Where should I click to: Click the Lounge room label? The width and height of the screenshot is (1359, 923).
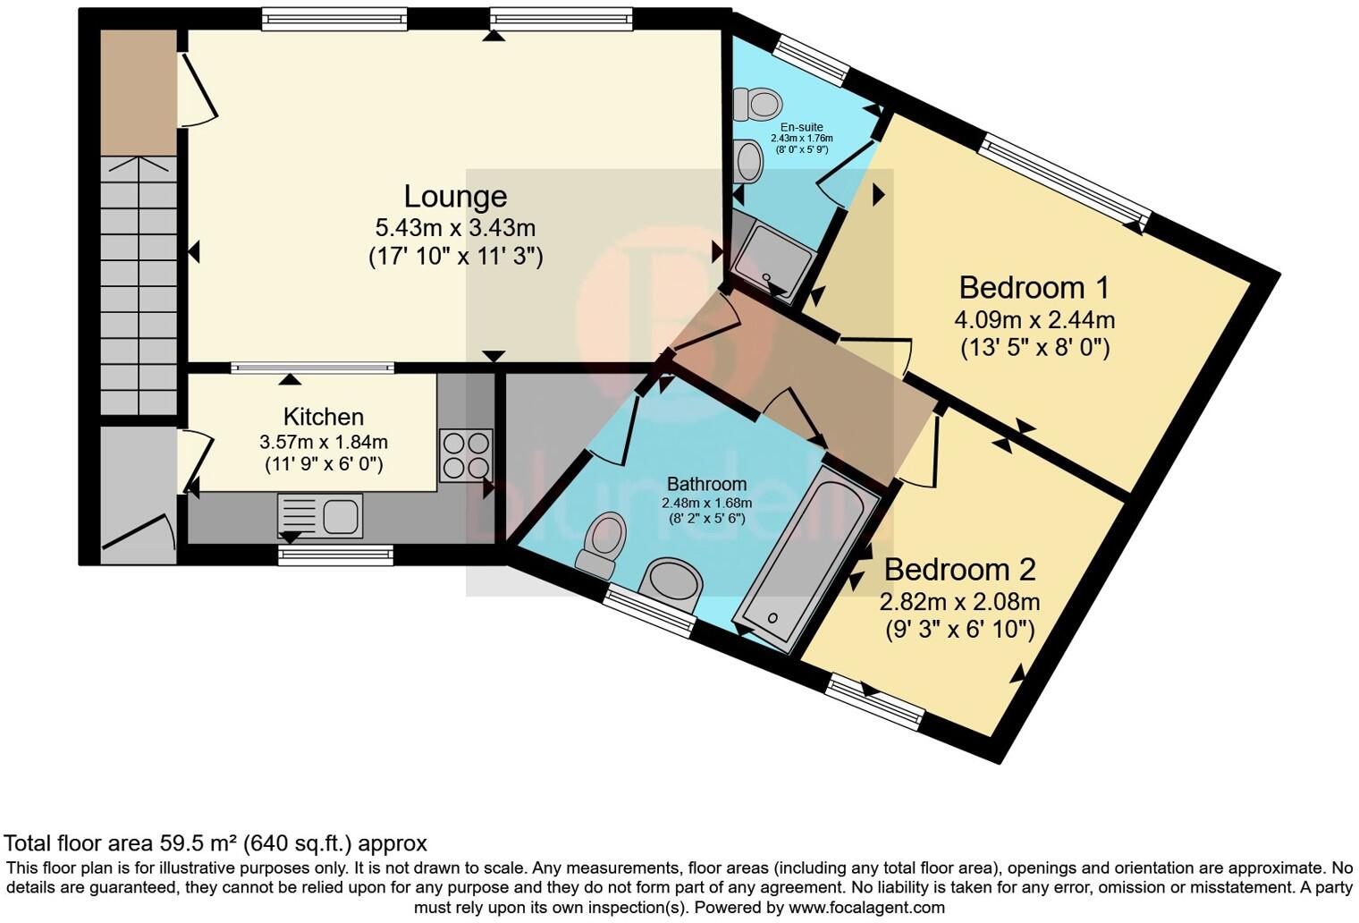[x=456, y=197]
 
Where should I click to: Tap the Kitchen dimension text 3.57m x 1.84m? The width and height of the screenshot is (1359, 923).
[x=324, y=443]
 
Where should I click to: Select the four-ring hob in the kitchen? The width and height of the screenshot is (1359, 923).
[x=466, y=455]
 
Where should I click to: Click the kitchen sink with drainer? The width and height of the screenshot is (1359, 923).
[x=320, y=516]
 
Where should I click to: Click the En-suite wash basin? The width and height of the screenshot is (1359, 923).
[x=747, y=161]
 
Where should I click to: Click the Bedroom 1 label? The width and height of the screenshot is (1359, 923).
[x=1034, y=288]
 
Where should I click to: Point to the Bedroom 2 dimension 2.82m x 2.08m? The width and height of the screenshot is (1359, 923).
[x=960, y=601]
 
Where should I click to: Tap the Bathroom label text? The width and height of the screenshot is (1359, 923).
[x=707, y=484]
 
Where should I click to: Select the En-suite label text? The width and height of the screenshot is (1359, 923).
[x=801, y=127]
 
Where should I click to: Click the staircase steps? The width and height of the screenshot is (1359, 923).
[x=139, y=285]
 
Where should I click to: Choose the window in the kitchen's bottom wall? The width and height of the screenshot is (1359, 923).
[x=335, y=555]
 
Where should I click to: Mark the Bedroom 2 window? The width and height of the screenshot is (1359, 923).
[x=875, y=702]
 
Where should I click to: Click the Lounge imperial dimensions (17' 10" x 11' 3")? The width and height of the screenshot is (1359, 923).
[x=456, y=257]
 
